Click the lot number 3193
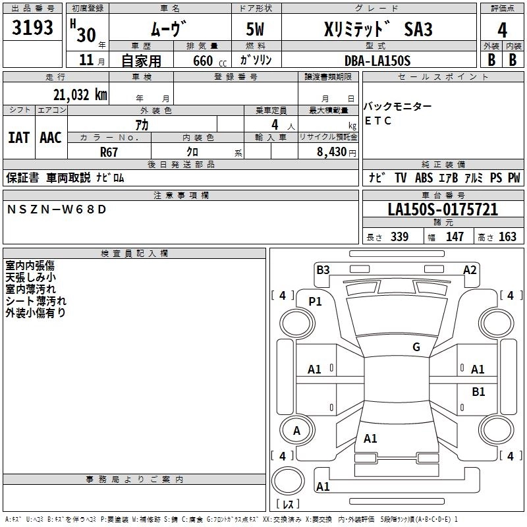click(x=33, y=28)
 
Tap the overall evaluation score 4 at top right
click(x=502, y=30)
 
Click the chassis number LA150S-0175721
click(x=443, y=210)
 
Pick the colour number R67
click(x=109, y=151)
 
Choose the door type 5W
click(x=257, y=30)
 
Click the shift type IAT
click(x=18, y=138)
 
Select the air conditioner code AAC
click(x=51, y=138)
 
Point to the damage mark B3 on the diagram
click(x=323, y=269)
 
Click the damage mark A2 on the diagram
click(x=470, y=269)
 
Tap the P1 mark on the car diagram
click(x=315, y=302)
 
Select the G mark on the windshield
click(x=416, y=347)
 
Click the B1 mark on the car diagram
click(x=478, y=392)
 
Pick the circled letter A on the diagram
click(x=296, y=431)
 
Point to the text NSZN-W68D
click(x=55, y=209)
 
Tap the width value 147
click(x=455, y=236)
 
